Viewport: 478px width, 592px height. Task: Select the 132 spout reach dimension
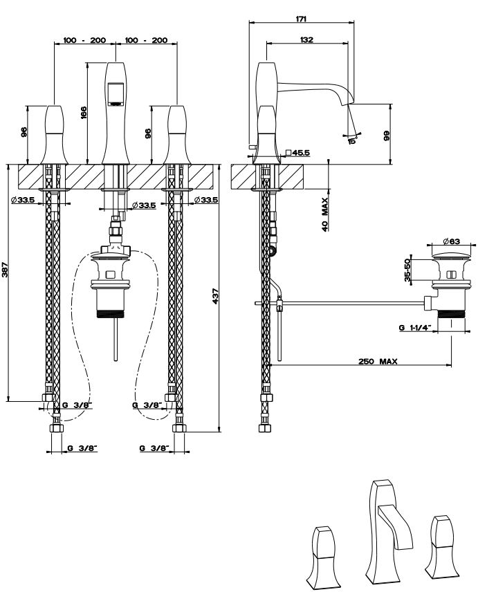point(307,40)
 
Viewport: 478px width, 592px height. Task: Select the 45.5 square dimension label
point(300,152)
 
